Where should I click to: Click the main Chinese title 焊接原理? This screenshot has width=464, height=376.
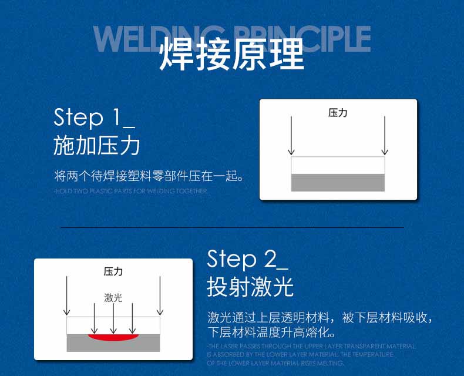[x=231, y=55]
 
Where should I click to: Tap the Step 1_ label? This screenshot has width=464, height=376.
[x=95, y=117]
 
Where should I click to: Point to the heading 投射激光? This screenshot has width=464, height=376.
[x=250, y=287]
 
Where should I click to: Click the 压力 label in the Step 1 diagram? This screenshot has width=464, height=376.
[x=338, y=113]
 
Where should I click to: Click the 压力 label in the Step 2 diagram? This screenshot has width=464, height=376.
[x=113, y=271]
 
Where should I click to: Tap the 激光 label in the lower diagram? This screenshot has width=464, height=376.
[x=113, y=298]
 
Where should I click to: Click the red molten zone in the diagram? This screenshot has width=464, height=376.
[x=113, y=338]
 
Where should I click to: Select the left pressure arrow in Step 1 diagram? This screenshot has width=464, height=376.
[x=291, y=135]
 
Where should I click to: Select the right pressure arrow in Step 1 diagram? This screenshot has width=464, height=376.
[x=384, y=135]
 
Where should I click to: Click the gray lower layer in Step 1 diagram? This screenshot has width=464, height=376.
[x=338, y=183]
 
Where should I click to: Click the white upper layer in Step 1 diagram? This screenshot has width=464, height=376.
[x=338, y=165]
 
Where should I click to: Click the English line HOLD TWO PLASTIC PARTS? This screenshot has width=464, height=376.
[x=130, y=191]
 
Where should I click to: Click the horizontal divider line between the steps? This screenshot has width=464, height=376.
[x=232, y=227]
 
